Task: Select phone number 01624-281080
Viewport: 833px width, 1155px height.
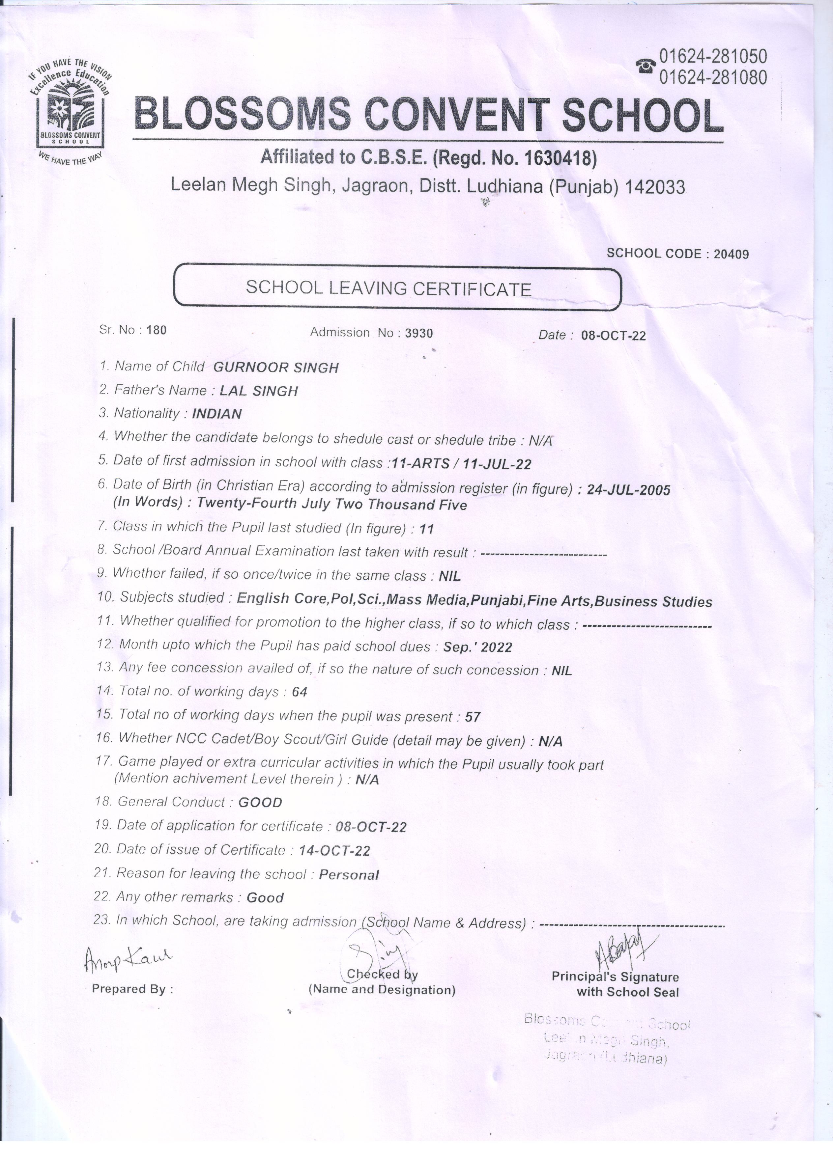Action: [713, 77]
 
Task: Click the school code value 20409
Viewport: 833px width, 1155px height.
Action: [731, 254]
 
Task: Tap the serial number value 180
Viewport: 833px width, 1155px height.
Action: [157, 330]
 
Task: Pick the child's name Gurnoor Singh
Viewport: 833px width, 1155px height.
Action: [275, 368]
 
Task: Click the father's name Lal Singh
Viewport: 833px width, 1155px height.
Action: [259, 391]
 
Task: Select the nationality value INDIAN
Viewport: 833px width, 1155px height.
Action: [216, 414]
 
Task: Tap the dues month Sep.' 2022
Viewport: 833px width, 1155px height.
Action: [477, 647]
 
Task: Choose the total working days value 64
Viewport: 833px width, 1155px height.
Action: [300, 692]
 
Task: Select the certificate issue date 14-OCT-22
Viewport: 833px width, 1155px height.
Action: [334, 850]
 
